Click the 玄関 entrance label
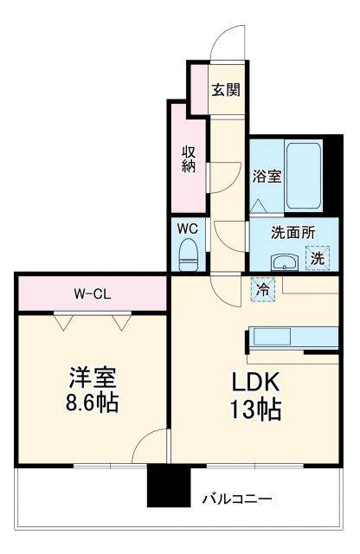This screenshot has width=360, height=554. [226, 89]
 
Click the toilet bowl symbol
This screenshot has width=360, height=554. [187, 253]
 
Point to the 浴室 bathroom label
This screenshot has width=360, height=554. [266, 177]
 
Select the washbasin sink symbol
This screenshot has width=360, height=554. [284, 261]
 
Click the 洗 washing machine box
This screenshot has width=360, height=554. [318, 257]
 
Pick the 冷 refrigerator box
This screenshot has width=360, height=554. [260, 289]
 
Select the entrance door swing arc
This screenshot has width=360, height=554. [222, 43]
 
